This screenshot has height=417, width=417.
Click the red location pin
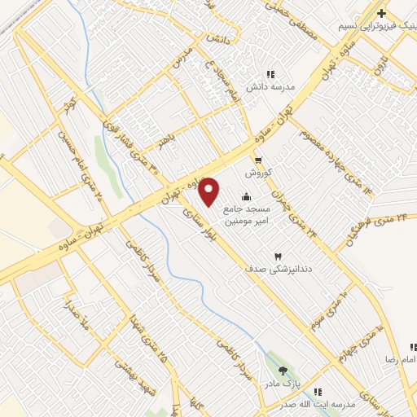coord(210,192)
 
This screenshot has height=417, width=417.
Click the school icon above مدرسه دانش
coord(270,75)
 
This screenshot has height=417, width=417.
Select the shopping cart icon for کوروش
coord(258,160)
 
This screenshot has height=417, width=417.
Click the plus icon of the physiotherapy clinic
coord(380,13)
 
